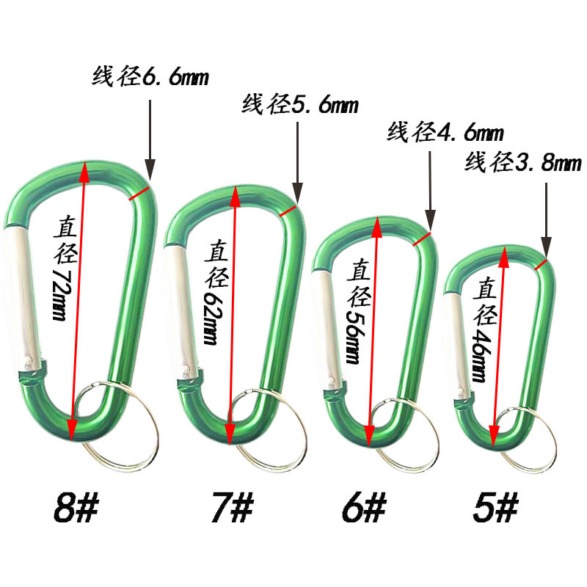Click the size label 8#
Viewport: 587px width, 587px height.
click(x=76, y=508)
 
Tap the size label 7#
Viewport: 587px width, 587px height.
click(x=232, y=508)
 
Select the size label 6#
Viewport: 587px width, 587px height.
click(x=364, y=508)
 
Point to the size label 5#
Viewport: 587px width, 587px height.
click(x=495, y=508)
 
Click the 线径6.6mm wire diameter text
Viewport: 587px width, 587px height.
click(x=150, y=77)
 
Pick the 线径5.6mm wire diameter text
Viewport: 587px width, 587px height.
click(x=300, y=103)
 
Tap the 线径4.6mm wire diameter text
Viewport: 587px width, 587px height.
click(x=445, y=132)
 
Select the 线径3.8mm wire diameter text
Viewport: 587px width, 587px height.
click(x=523, y=161)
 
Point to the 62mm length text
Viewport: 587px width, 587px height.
click(x=212, y=318)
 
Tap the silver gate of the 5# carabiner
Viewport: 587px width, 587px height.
click(x=457, y=346)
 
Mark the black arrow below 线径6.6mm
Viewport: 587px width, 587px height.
click(x=150, y=140)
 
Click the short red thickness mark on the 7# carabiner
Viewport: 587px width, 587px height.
click(x=288, y=211)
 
